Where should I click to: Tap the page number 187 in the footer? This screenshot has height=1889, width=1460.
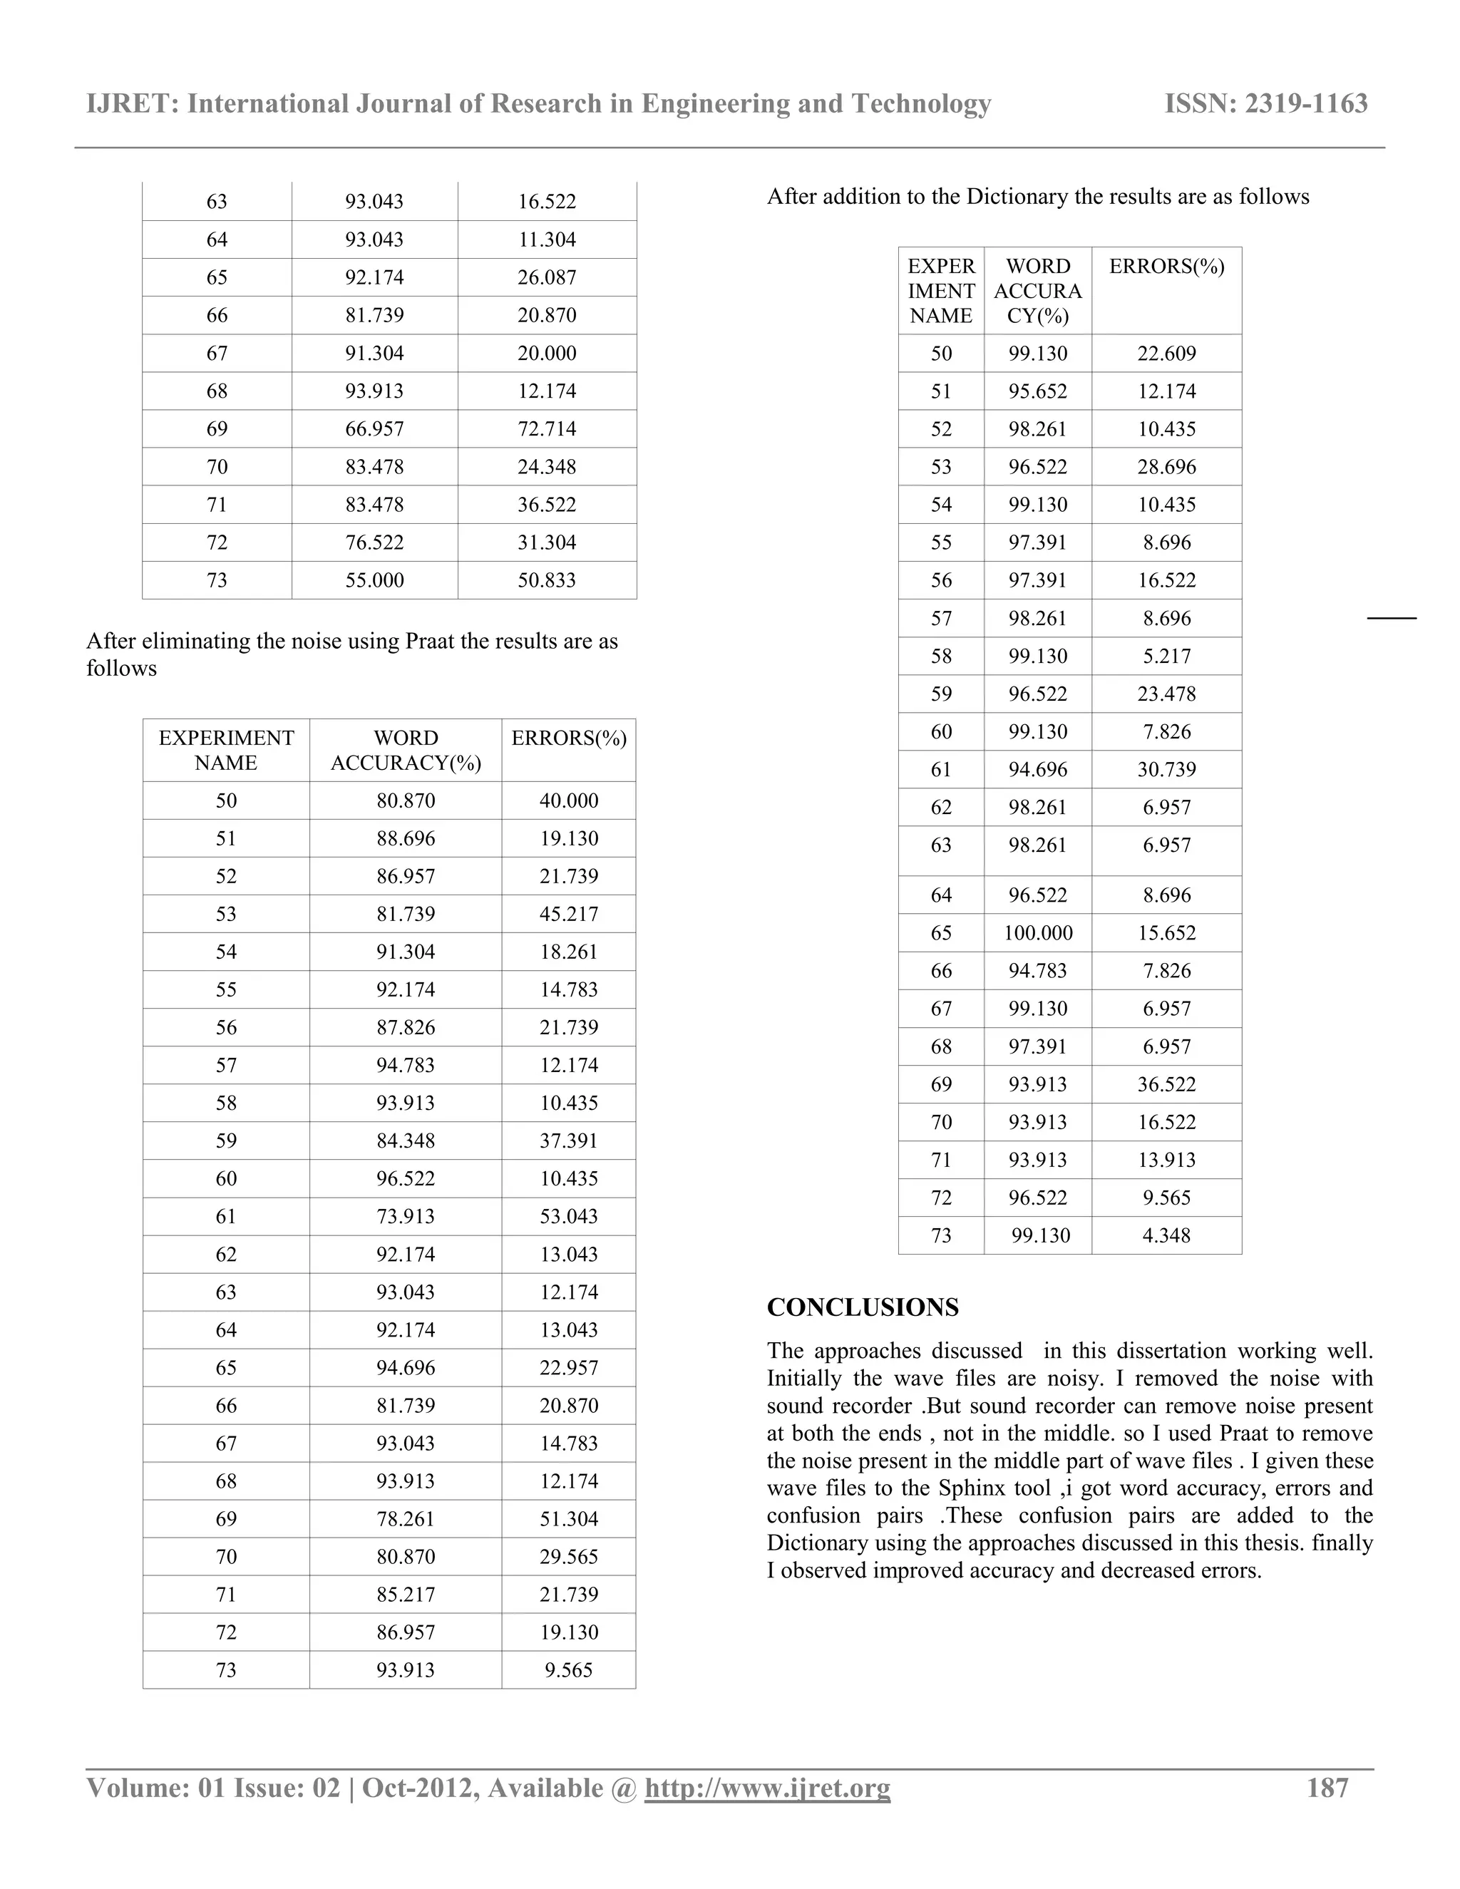(x=1327, y=1788)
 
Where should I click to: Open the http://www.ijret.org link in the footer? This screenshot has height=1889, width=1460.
(x=767, y=1788)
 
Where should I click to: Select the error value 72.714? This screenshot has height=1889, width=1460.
(x=547, y=429)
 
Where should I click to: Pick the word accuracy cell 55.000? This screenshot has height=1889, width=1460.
(x=374, y=580)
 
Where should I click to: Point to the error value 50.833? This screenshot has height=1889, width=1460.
(x=547, y=580)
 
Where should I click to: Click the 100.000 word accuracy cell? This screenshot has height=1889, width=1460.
(x=1038, y=933)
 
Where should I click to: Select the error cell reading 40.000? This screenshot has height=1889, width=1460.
(x=568, y=801)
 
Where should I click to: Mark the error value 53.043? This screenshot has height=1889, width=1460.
(x=568, y=1217)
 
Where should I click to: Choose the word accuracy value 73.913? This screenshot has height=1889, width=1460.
(x=406, y=1217)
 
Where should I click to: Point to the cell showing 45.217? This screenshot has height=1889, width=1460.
(x=568, y=915)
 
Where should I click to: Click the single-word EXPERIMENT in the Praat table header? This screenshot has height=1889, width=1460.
(x=227, y=738)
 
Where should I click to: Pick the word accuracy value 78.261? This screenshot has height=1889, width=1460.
(x=406, y=1520)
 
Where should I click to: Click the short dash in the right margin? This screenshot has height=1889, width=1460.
(x=1391, y=619)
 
